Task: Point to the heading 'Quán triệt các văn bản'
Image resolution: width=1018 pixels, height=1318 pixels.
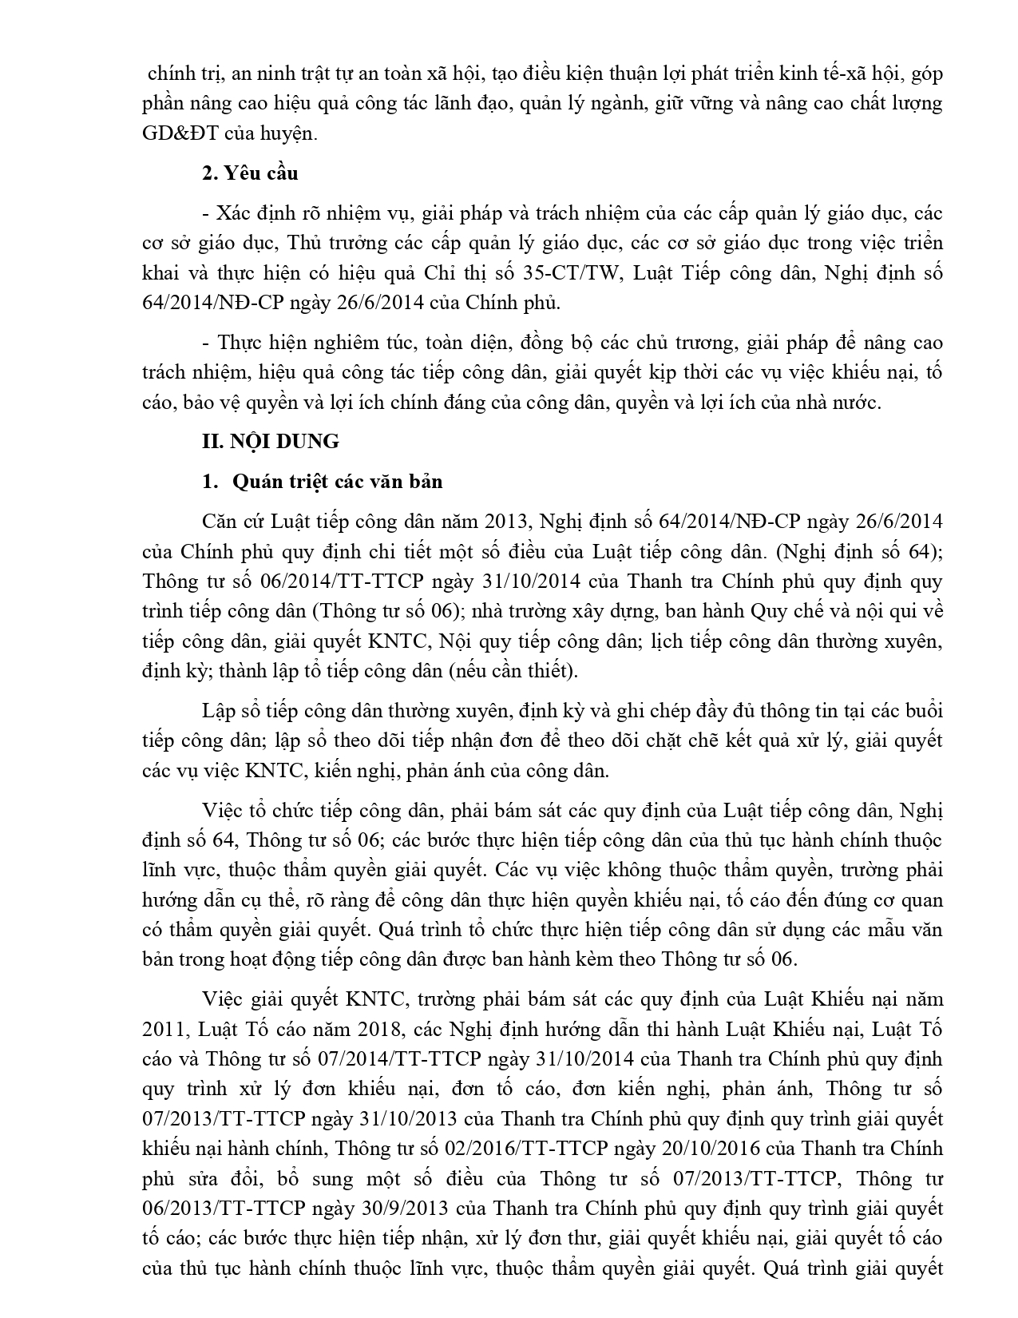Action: [338, 482]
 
